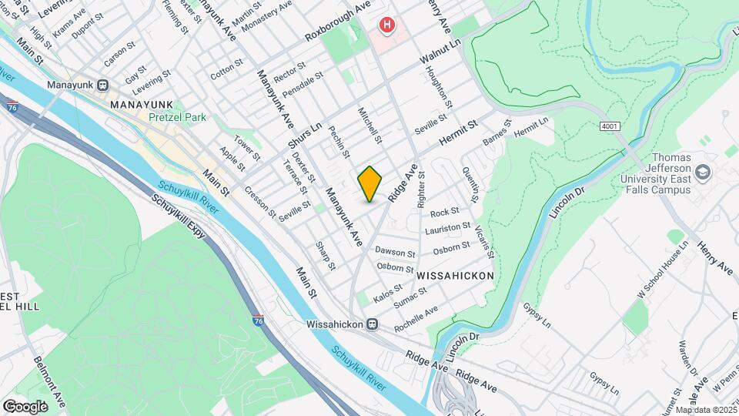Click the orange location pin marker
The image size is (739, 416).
[369, 183]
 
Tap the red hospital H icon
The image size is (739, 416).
[386, 26]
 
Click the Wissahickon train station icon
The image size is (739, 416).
[372, 324]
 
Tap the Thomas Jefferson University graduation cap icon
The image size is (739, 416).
[701, 172]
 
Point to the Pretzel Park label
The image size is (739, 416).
[177, 118]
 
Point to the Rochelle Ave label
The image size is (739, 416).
[416, 319]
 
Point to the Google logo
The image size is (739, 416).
[25, 406]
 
